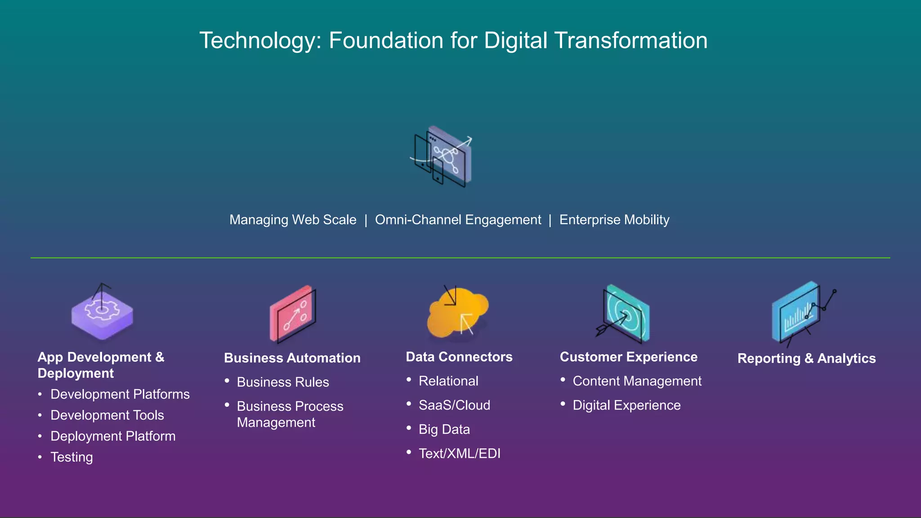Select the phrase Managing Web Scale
pos(293,220)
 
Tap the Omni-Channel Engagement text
pos(458,220)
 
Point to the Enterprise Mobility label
pos(614,220)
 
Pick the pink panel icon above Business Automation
pos(293,315)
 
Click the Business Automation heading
pos(292,358)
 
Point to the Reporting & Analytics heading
pos(806,358)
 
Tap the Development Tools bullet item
pos(107,415)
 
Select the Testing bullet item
pos(72,457)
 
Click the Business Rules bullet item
pos(283,382)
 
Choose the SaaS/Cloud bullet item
pos(454,405)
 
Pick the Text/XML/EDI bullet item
pos(459,453)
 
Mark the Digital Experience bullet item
pos(626,405)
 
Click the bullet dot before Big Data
pos(409,428)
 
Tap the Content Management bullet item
pos(637,381)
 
